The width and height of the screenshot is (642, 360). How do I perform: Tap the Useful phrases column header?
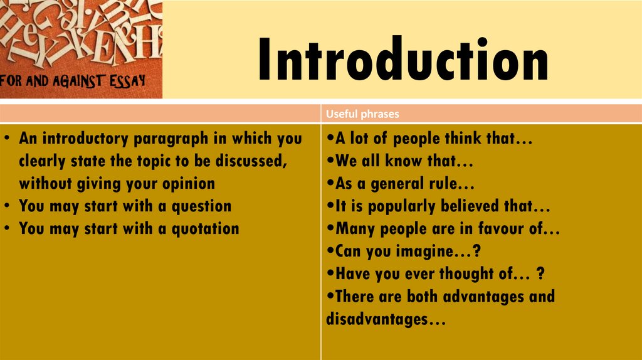coord(362,114)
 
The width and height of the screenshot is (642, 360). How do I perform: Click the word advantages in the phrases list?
coord(480,296)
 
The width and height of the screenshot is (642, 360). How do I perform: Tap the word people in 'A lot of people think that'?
coord(416,139)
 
